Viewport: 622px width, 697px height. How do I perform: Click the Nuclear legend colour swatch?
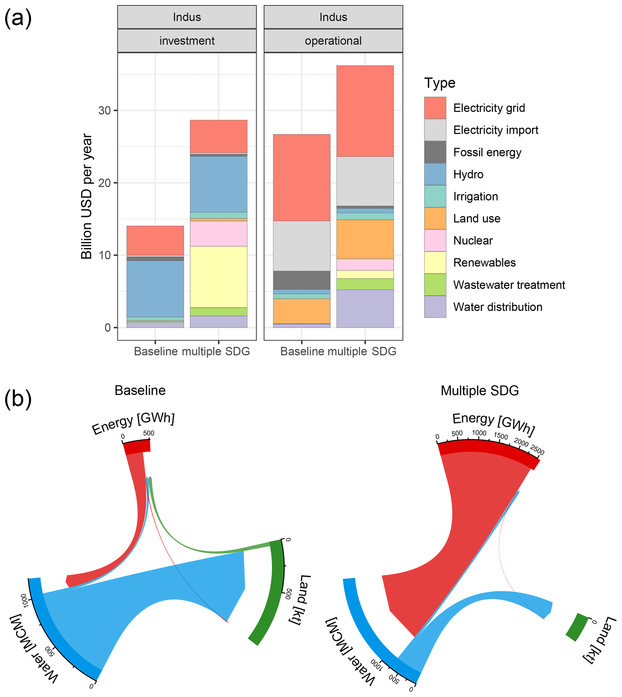pos(435,240)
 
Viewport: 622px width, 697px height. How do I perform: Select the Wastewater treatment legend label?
pos(509,285)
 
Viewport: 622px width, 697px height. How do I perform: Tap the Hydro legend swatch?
pos(435,174)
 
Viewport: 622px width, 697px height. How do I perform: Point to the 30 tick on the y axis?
pos(105,110)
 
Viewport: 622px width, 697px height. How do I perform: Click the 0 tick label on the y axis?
pos(108,328)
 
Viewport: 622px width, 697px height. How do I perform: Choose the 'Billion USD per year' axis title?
pos(86,196)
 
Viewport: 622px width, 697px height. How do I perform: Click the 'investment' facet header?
pos(187,41)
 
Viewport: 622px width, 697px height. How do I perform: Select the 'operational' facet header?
pos(333,41)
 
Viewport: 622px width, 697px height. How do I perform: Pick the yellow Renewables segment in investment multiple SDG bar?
pos(218,276)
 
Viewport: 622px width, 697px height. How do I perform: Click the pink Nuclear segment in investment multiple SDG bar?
pos(218,233)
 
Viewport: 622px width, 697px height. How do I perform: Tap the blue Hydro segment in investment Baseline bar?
pos(155,289)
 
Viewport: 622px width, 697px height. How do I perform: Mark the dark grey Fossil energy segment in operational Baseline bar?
pos(302,280)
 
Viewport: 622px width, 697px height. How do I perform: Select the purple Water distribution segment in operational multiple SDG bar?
pos(365,309)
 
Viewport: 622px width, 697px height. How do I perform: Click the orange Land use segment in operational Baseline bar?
pos(302,311)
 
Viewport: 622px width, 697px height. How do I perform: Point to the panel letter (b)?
pos(18,399)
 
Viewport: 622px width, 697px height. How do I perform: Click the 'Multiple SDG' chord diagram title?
pos(479,390)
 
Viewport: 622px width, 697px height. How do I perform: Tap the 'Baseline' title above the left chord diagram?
pos(140,390)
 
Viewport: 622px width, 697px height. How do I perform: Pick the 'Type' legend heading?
pos(440,83)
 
